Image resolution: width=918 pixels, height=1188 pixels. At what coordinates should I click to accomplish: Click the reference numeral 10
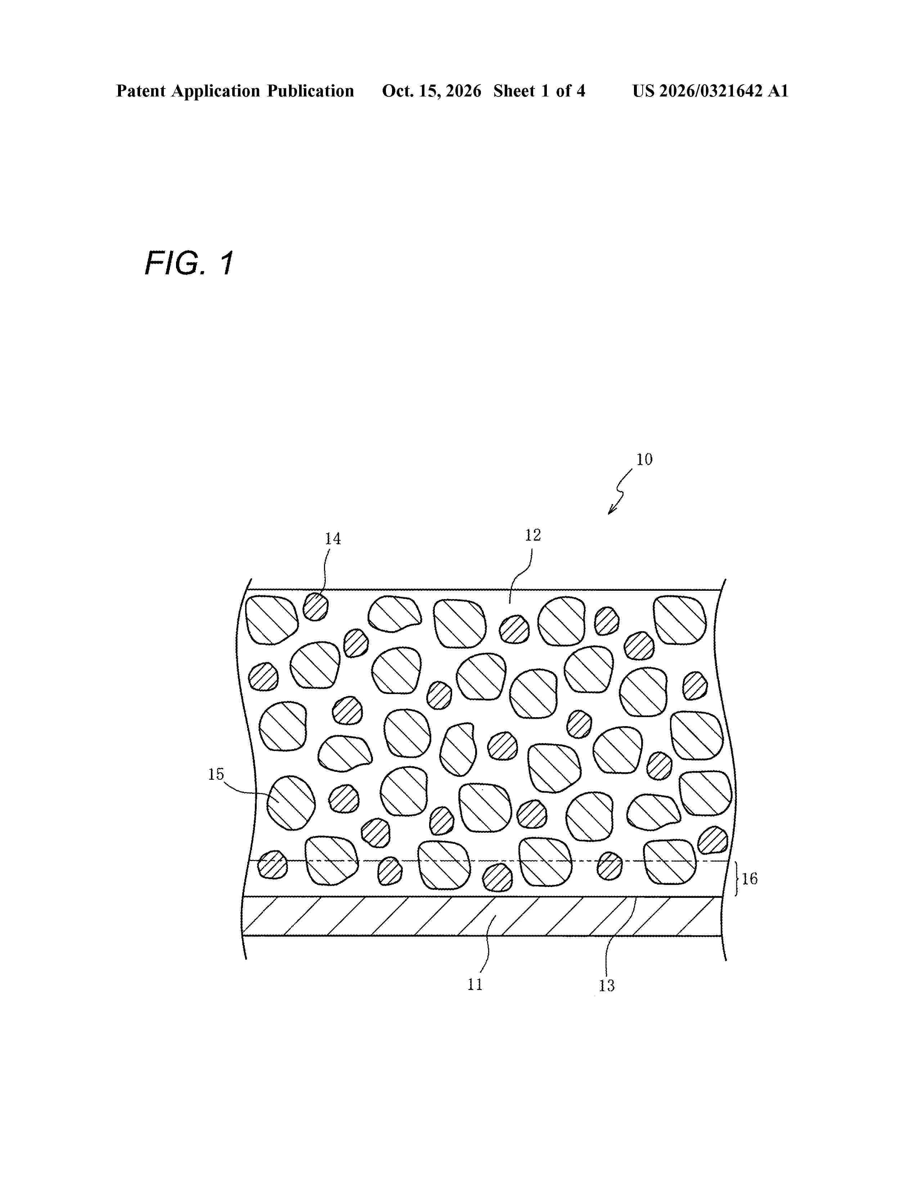pyautogui.click(x=644, y=460)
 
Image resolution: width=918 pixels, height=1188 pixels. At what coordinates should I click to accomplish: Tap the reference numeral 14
pyautogui.click(x=333, y=539)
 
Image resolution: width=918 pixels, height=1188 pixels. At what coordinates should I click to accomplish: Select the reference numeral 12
pyautogui.click(x=533, y=535)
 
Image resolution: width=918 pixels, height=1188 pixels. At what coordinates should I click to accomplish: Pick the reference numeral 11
pyautogui.click(x=475, y=985)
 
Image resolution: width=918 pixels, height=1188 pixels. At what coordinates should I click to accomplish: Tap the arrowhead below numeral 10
pyautogui.click(x=612, y=509)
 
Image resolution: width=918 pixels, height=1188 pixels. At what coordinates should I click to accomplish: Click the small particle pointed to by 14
pyautogui.click(x=315, y=607)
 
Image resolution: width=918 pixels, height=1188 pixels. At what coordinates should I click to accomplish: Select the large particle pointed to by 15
pyautogui.click(x=291, y=803)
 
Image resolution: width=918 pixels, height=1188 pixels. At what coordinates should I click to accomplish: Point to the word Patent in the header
pyautogui.click(x=141, y=91)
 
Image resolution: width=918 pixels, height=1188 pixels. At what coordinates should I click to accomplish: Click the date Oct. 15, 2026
pyautogui.click(x=431, y=91)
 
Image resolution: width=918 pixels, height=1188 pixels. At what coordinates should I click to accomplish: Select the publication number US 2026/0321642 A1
pyautogui.click(x=710, y=91)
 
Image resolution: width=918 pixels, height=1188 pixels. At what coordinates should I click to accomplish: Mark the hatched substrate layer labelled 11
pyautogui.click(x=478, y=917)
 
